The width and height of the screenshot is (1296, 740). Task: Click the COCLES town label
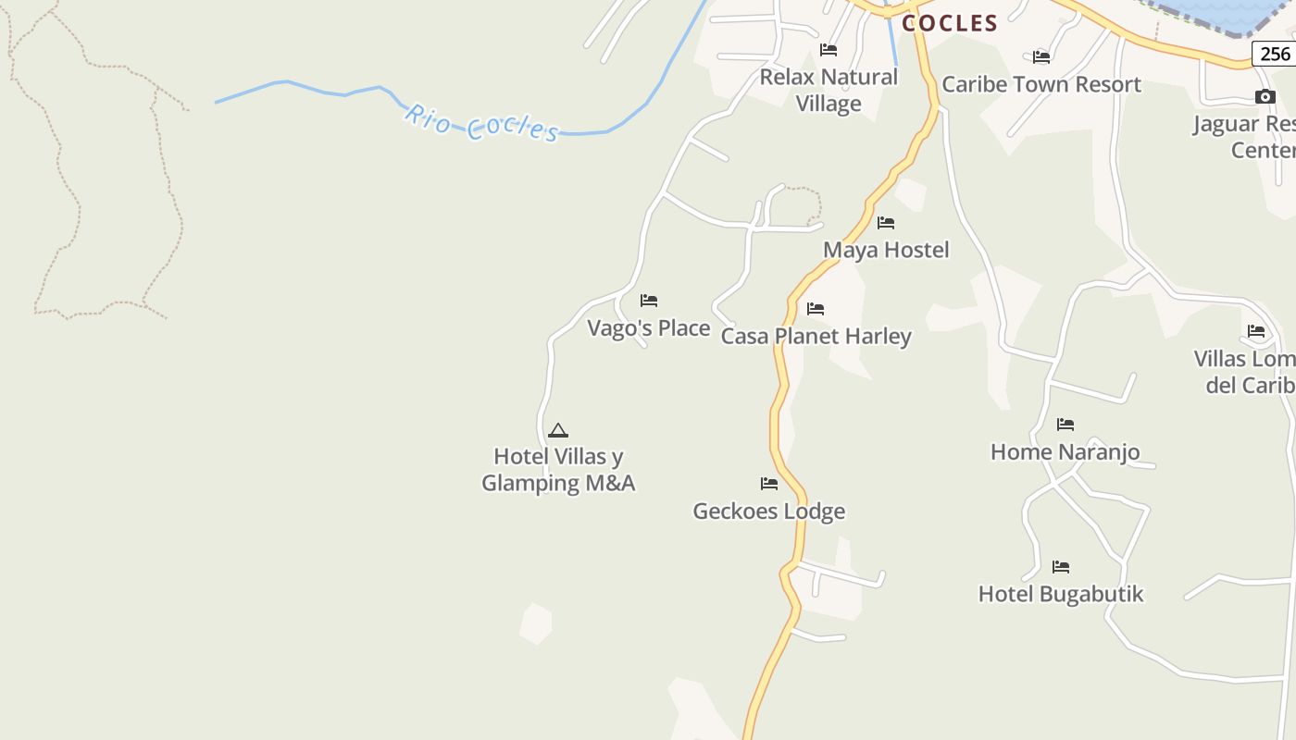click(x=950, y=23)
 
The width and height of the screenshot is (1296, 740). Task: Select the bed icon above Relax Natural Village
click(x=829, y=50)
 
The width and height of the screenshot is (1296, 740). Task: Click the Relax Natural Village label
click(x=829, y=90)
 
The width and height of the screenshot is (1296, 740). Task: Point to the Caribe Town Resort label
click(x=1041, y=84)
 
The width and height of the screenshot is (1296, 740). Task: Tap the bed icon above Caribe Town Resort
click(x=1041, y=56)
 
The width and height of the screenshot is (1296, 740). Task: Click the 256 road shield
click(x=1275, y=54)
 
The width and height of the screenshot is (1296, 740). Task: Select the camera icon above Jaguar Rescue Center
click(x=1265, y=97)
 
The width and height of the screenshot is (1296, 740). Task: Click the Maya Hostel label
click(x=886, y=250)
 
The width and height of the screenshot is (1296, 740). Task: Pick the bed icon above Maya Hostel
click(x=886, y=223)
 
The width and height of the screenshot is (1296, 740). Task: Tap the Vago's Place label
click(x=649, y=328)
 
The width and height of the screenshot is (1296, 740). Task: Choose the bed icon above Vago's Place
click(x=649, y=301)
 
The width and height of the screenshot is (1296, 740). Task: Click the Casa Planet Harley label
click(x=816, y=336)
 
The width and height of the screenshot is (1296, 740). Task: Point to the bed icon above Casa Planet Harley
click(x=816, y=309)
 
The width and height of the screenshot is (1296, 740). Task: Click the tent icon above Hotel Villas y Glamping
click(x=557, y=430)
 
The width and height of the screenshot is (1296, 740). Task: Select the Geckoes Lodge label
click(x=768, y=511)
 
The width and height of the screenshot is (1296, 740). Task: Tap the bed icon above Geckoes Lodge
click(x=768, y=483)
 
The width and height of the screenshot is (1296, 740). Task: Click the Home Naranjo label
click(x=1065, y=452)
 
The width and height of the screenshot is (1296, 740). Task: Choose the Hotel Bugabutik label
click(x=1061, y=594)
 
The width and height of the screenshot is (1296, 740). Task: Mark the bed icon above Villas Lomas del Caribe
click(x=1256, y=331)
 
